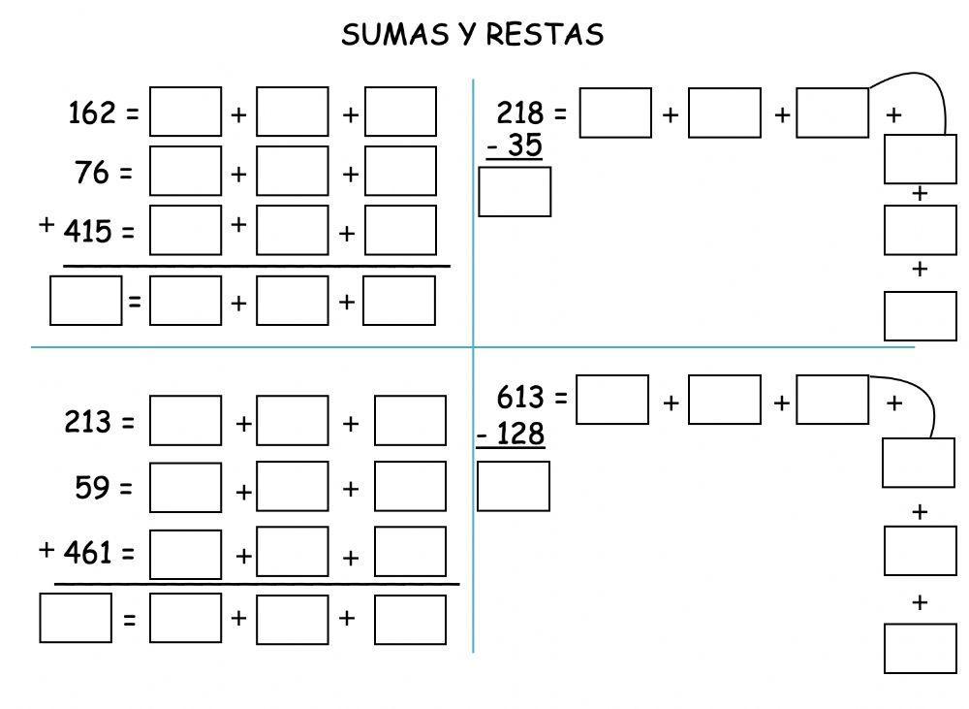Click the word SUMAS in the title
point(391,35)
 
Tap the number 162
point(92,113)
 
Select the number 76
point(92,173)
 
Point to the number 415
point(86,232)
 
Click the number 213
point(86,423)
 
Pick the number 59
point(93,488)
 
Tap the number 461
point(86,553)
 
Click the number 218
point(519,113)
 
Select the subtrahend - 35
point(514,145)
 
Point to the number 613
point(519,397)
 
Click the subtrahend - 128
point(511,434)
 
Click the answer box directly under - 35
point(515,192)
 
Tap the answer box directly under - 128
point(514,486)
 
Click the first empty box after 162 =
point(186,113)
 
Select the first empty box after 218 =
point(615,113)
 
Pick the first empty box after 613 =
point(612,400)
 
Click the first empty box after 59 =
point(186,487)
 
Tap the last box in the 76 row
point(400,171)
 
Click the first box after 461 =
point(186,554)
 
